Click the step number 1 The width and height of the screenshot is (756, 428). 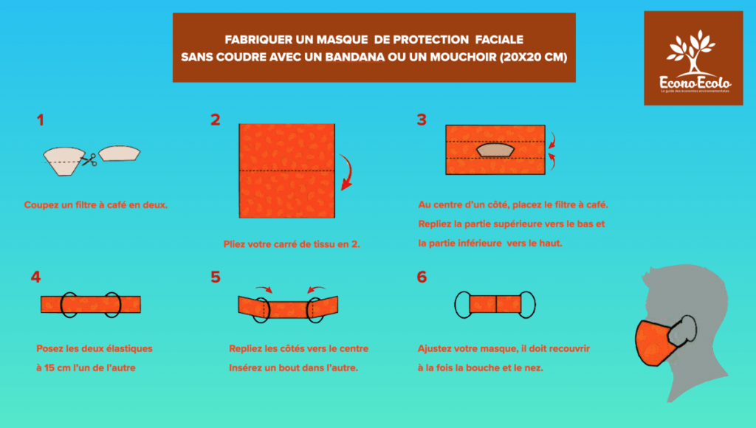click(x=41, y=120)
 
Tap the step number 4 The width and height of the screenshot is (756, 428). click(x=35, y=277)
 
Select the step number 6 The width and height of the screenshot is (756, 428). click(x=422, y=277)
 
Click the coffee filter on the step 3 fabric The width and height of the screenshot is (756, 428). click(x=495, y=151)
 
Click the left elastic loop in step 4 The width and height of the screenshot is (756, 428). click(x=69, y=304)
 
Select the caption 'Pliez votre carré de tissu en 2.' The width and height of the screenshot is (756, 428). click(x=292, y=244)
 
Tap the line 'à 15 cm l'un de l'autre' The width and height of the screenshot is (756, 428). click(x=86, y=367)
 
